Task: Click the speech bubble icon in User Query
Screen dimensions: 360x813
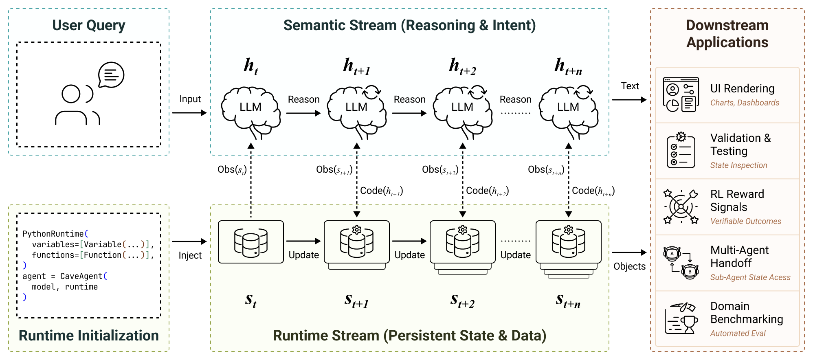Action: click(x=111, y=75)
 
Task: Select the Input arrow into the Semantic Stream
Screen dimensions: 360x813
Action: click(x=189, y=113)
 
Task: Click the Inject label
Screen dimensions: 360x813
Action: click(x=190, y=255)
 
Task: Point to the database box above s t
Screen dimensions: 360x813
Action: click(x=250, y=242)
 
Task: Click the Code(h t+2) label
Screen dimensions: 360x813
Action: click(x=487, y=191)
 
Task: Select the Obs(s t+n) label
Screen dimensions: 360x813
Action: click(x=546, y=169)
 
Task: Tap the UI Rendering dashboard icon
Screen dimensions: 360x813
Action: click(x=681, y=94)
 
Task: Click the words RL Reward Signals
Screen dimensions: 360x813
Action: click(x=737, y=200)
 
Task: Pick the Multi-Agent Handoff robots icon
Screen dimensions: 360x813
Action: click(x=681, y=262)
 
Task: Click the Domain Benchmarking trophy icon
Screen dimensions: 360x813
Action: click(x=681, y=318)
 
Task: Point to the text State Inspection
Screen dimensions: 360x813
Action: click(x=738, y=165)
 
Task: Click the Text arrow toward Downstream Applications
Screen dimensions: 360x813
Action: click(x=629, y=100)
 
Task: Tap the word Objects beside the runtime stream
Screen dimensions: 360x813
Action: click(x=629, y=266)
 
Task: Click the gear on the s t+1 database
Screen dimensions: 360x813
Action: click(x=357, y=230)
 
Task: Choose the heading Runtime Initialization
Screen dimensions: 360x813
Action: click(x=88, y=336)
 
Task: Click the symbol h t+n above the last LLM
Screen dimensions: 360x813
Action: click(x=568, y=66)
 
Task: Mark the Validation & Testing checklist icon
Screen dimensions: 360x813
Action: click(x=681, y=150)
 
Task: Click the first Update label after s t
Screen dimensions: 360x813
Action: click(x=303, y=255)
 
